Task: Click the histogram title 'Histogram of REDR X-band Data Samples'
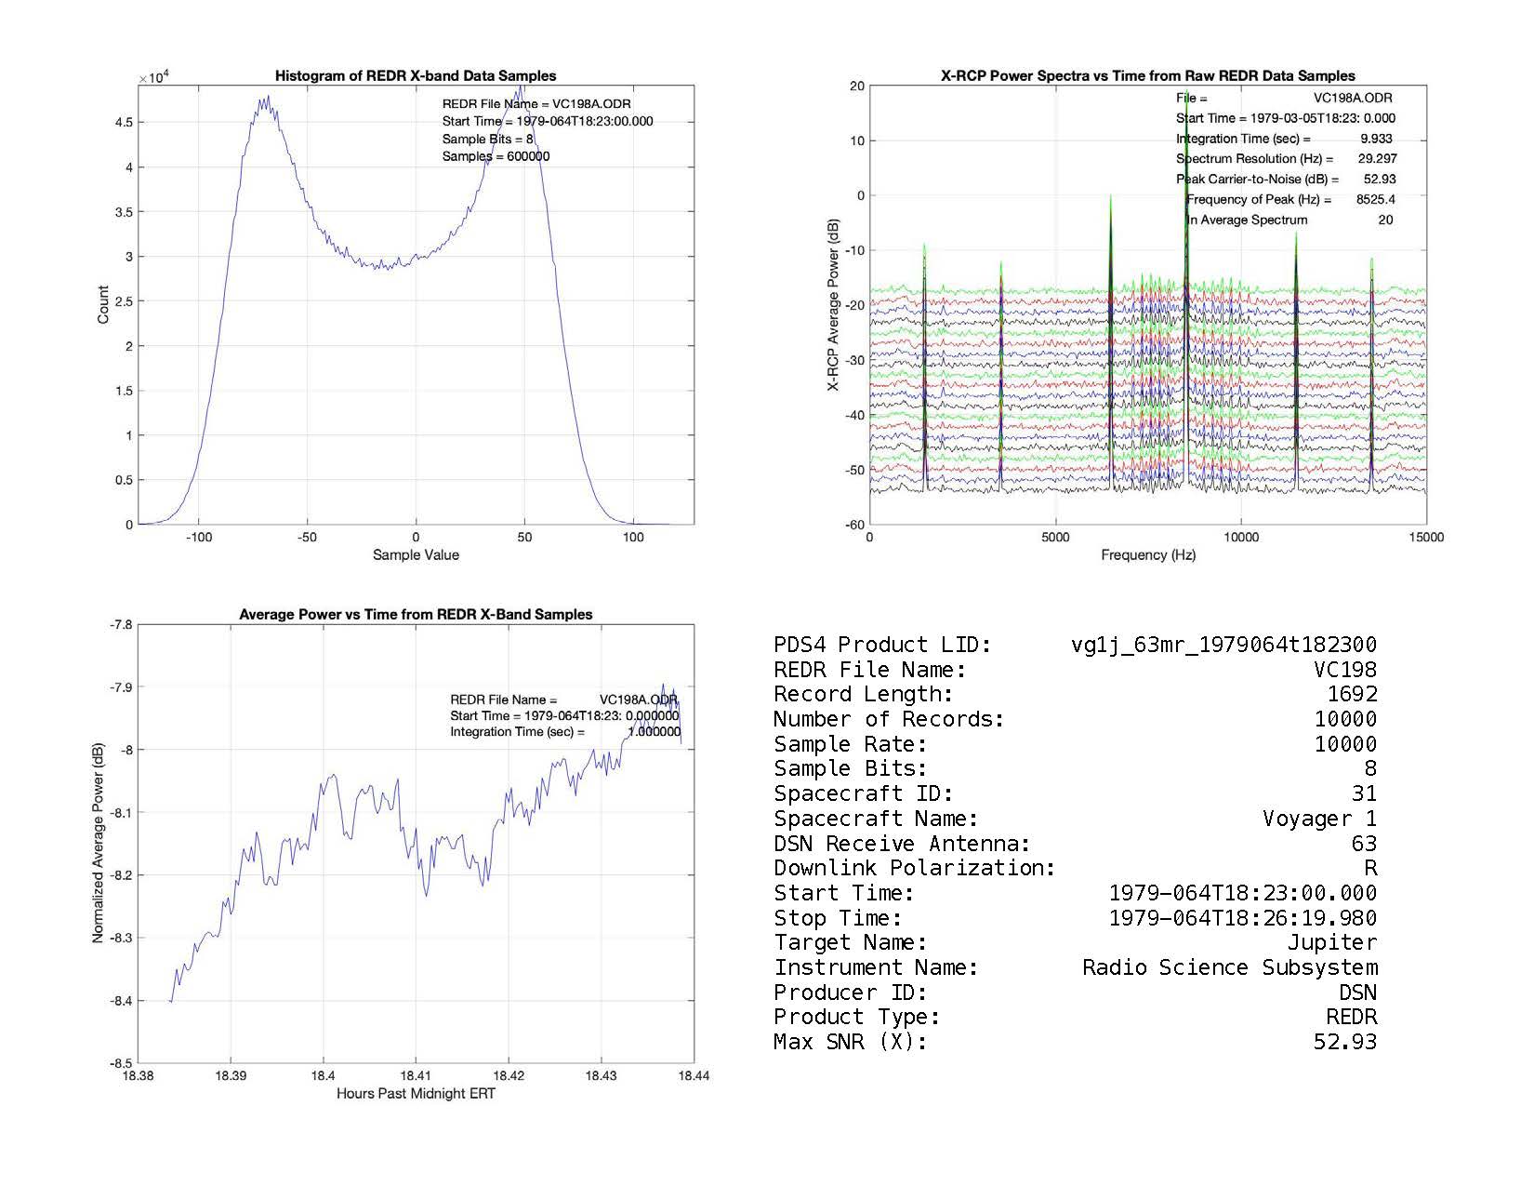coord(415,76)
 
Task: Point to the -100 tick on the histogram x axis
coord(199,537)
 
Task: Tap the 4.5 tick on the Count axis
coord(124,123)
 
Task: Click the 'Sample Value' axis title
coord(415,555)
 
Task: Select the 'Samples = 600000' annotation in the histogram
coord(496,156)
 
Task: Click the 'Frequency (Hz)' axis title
coord(1147,555)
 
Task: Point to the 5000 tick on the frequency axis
coord(1055,537)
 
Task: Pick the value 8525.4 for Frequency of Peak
coord(1375,199)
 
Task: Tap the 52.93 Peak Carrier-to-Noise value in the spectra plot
coord(1380,179)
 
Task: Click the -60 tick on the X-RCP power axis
coord(854,525)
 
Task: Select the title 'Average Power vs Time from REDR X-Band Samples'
coord(415,615)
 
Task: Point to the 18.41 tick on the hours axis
coord(416,1075)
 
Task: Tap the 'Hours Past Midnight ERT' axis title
coord(415,1094)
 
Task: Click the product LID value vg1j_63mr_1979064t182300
coord(1223,645)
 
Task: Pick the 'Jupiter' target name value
coord(1331,942)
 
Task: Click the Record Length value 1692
coord(1352,694)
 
